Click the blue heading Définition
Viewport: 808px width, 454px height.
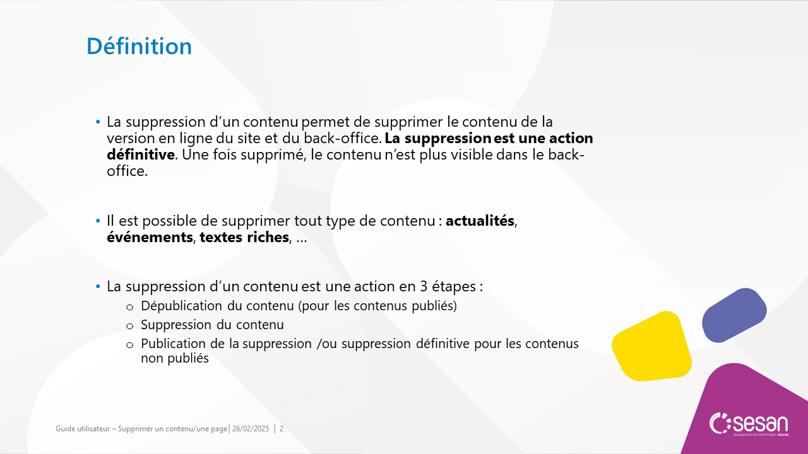click(x=140, y=46)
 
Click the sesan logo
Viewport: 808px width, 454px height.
click(x=749, y=424)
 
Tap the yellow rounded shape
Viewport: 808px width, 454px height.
click(x=652, y=346)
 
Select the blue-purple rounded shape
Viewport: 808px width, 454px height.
click(x=734, y=315)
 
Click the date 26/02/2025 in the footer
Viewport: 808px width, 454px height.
click(x=251, y=429)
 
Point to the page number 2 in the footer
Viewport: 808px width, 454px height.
click(x=282, y=429)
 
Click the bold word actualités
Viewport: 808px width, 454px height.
click(x=480, y=221)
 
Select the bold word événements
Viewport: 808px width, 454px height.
click(x=150, y=238)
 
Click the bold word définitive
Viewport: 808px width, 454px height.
click(x=141, y=154)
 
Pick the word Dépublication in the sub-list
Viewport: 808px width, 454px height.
click(x=181, y=306)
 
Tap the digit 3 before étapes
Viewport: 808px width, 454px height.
click(x=424, y=287)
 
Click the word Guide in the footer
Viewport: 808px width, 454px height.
click(x=65, y=429)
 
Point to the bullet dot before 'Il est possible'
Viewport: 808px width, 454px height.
click(x=98, y=221)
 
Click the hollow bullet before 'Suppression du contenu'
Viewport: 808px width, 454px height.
click(x=130, y=327)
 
